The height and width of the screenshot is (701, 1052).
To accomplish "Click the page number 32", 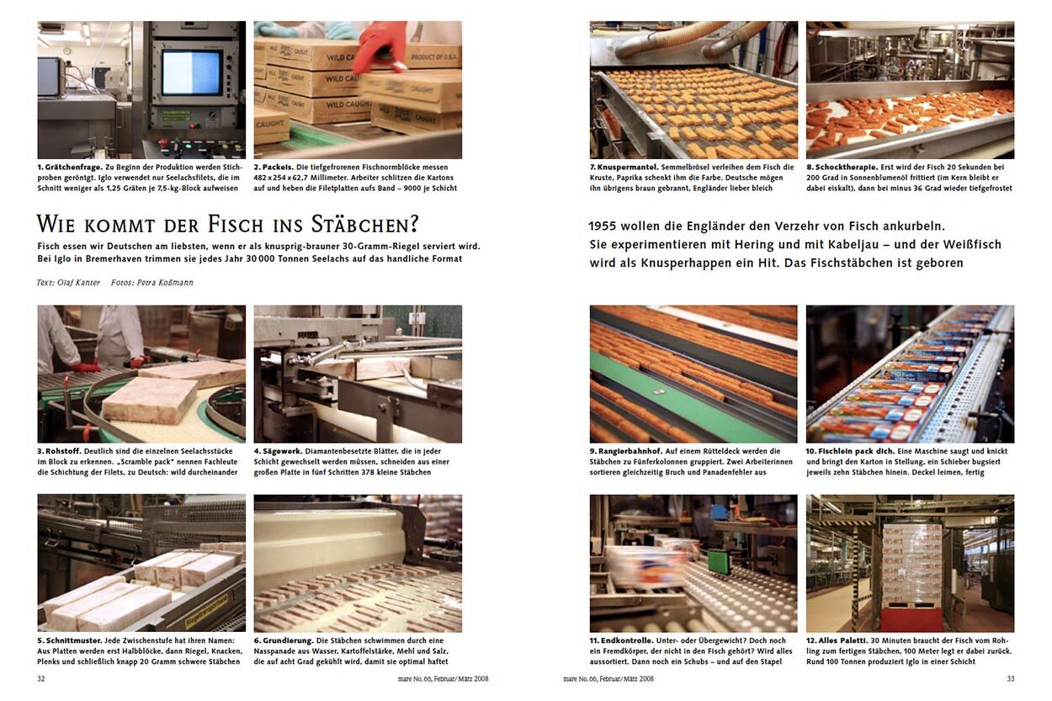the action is (41, 678).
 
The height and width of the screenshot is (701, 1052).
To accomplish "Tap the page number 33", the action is (1010, 678).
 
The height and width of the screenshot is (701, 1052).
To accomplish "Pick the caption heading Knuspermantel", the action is (628, 167).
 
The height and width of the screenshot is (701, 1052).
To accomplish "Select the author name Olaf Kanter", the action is (78, 283).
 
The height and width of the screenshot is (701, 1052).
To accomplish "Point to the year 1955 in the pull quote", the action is (603, 226).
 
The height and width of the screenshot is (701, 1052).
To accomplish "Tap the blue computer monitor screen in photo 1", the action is (192, 72).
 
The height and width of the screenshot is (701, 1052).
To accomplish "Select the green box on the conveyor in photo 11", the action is (718, 561).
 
